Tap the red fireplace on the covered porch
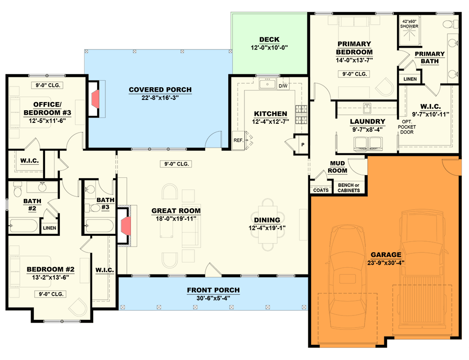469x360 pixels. click(x=96, y=99)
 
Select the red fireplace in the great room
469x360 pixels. click(x=126, y=225)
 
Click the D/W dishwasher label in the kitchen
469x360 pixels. click(x=283, y=86)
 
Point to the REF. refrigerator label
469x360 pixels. click(x=238, y=140)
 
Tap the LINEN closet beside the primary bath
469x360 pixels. click(x=410, y=79)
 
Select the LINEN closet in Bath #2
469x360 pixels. click(x=50, y=228)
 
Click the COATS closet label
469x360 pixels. click(x=321, y=190)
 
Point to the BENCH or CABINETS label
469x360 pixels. click(x=349, y=188)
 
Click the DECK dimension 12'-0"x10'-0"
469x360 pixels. click(x=269, y=48)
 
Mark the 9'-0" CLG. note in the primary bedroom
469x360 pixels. click(x=353, y=74)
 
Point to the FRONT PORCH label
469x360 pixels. click(x=213, y=290)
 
